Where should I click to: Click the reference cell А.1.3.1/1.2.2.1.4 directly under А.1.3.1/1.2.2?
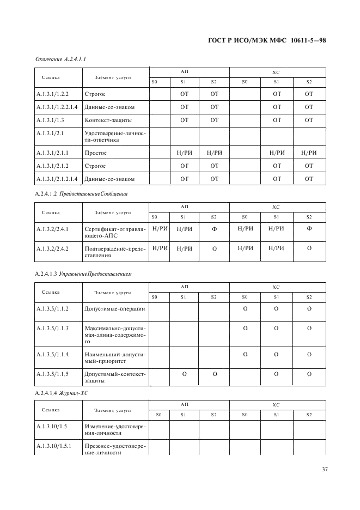coord(57,107)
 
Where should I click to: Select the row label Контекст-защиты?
coord(108,120)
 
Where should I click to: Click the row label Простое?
coord(96,153)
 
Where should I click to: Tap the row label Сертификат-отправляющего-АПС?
coord(115,232)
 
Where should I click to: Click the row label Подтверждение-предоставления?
coord(115,252)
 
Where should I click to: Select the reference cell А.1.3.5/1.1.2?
coord(52,309)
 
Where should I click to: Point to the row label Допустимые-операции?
coord(114,309)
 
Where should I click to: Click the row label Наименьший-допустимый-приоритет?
coord(115,358)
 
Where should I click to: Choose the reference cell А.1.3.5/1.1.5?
coord(52,374)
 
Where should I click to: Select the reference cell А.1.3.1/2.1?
coord(50,132)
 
